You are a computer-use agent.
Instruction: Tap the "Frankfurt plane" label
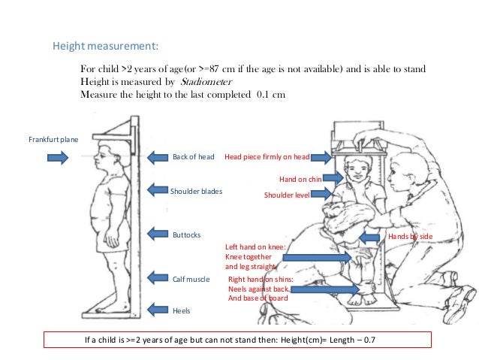pyautogui.click(x=53, y=139)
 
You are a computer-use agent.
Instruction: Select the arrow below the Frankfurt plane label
pyautogui.click(x=58, y=158)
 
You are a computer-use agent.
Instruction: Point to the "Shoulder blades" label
pyautogui.click(x=197, y=192)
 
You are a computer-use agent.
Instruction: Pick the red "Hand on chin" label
pyautogui.click(x=300, y=180)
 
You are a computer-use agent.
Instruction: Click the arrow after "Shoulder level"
pyautogui.click(x=320, y=194)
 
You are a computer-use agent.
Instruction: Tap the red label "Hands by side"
pyautogui.click(x=410, y=236)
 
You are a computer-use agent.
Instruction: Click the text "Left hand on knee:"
pyautogui.click(x=255, y=247)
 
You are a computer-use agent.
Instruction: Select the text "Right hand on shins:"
pyautogui.click(x=261, y=279)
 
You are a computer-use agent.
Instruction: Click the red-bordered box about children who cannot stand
pyautogui.click(x=238, y=340)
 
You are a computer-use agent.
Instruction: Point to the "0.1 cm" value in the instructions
pyautogui.click(x=267, y=95)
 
